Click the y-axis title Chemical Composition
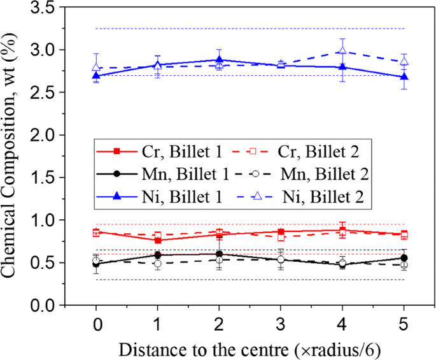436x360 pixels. (x=14, y=156)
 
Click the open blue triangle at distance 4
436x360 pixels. (x=342, y=51)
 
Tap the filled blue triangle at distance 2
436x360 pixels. (x=219, y=60)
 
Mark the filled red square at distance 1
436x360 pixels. (x=158, y=240)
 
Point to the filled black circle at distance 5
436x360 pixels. (x=404, y=258)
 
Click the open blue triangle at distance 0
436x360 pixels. (x=96, y=67)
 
